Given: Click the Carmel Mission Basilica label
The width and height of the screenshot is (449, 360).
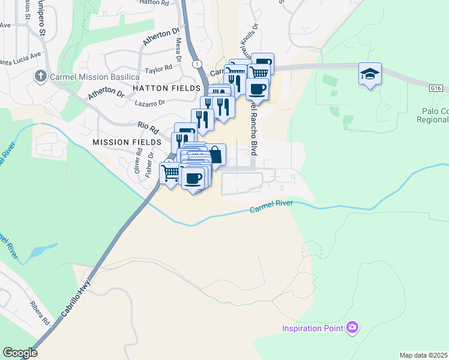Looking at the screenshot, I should pyautogui.click(x=95, y=77).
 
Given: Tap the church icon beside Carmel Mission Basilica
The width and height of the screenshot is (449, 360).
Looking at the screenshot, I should pyautogui.click(x=41, y=76).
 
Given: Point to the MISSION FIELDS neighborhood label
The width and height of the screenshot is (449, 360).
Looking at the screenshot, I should pyautogui.click(x=127, y=142).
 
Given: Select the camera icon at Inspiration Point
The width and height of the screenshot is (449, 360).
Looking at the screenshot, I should pyautogui.click(x=353, y=328).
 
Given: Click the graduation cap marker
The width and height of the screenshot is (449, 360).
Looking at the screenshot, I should pyautogui.click(x=370, y=74).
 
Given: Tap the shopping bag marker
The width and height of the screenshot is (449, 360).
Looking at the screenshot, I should pyautogui.click(x=215, y=155).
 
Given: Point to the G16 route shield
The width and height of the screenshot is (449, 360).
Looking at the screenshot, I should pyautogui.click(x=436, y=88).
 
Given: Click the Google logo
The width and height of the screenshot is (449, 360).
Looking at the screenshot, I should pyautogui.click(x=20, y=353).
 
